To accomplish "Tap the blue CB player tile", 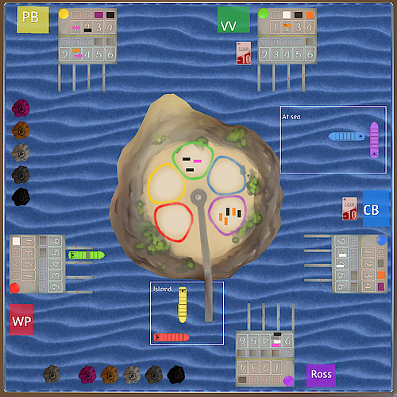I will (376, 208).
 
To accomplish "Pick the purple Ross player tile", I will (321, 375).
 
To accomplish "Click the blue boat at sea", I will (346, 136).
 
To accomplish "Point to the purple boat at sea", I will (374, 140).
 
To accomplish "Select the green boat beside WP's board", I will (86, 255).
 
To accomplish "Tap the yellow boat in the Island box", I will (182, 305).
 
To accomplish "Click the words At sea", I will (291, 116).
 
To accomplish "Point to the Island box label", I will (162, 290).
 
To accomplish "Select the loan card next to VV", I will (245, 53).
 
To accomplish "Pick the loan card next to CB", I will (349, 208).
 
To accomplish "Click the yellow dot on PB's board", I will (64, 14).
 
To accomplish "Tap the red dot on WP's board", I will (14, 288).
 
